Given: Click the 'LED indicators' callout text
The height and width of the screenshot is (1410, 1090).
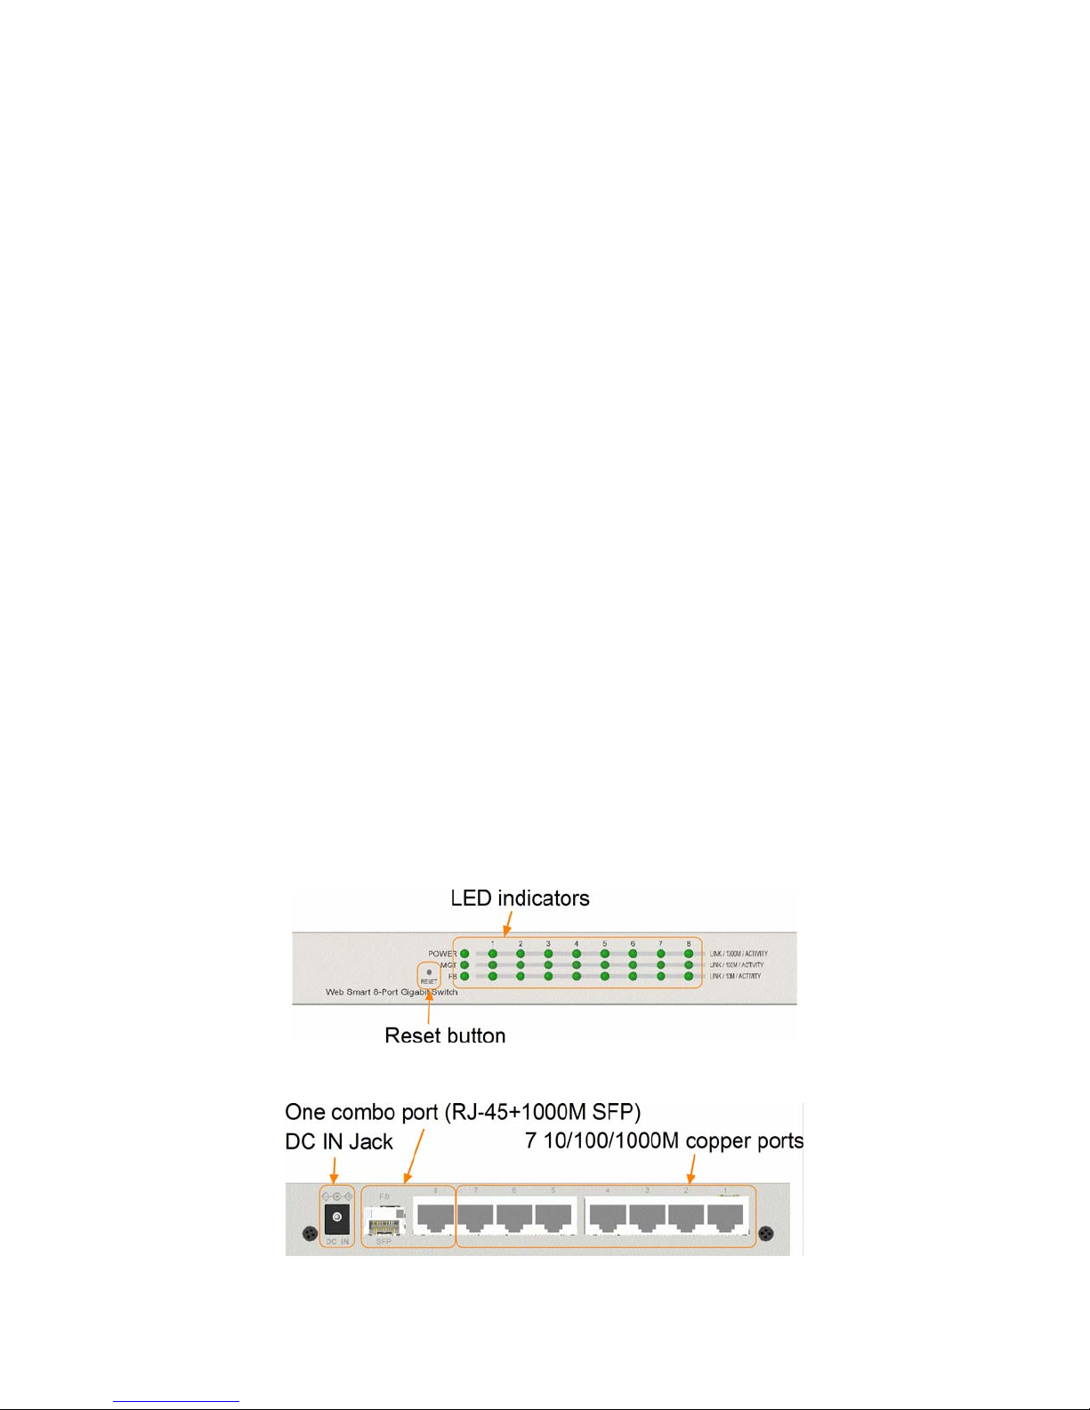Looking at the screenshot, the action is pyautogui.click(x=520, y=898).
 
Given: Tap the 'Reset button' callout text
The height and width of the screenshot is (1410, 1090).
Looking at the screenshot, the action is pyautogui.click(x=445, y=1035).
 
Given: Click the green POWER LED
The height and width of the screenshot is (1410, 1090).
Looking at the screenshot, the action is pyautogui.click(x=464, y=954).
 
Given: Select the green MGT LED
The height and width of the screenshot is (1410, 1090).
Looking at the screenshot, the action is pyautogui.click(x=464, y=965).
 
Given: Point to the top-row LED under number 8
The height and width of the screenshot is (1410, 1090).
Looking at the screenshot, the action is pyautogui.click(x=689, y=954).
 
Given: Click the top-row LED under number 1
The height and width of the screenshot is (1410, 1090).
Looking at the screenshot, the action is pyautogui.click(x=492, y=954).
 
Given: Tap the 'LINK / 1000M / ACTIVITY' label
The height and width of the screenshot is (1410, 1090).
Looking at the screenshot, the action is pyautogui.click(x=739, y=954).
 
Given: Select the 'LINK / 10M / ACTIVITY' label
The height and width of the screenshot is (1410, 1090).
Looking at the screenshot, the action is pyautogui.click(x=735, y=976).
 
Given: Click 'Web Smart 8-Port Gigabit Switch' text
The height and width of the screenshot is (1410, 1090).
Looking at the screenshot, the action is pyautogui.click(x=392, y=992).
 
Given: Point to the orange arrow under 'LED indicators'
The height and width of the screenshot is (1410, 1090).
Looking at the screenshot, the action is pyautogui.click(x=507, y=924).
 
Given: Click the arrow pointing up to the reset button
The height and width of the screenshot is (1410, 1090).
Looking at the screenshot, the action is pyautogui.click(x=429, y=1005).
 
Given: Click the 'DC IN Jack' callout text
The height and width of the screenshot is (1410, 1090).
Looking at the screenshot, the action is pyautogui.click(x=339, y=1142).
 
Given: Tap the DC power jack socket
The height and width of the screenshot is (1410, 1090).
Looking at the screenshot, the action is pyautogui.click(x=336, y=1216).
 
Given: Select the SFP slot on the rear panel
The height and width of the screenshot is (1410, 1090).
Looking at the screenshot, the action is pyautogui.click(x=384, y=1220).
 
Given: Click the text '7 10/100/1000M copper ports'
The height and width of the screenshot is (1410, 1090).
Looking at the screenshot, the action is pyautogui.click(x=664, y=1140).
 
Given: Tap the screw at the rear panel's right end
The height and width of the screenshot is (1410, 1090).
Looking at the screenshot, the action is pyautogui.click(x=765, y=1234).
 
